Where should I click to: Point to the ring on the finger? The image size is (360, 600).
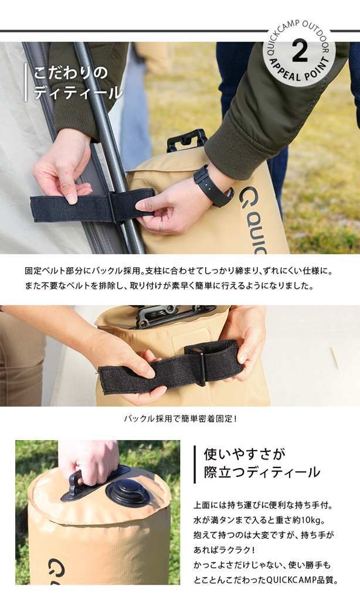pyautogui.click(x=161, y=224)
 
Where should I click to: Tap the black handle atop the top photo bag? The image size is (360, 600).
pyautogui.click(x=186, y=140)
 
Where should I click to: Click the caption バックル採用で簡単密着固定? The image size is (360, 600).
pyautogui.click(x=180, y=418)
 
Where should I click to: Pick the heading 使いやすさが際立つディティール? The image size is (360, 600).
pyautogui.click(x=261, y=462)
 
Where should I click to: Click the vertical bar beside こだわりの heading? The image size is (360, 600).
pyautogui.click(x=26, y=82)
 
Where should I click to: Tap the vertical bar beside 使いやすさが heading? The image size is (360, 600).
pyautogui.click(x=195, y=463)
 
